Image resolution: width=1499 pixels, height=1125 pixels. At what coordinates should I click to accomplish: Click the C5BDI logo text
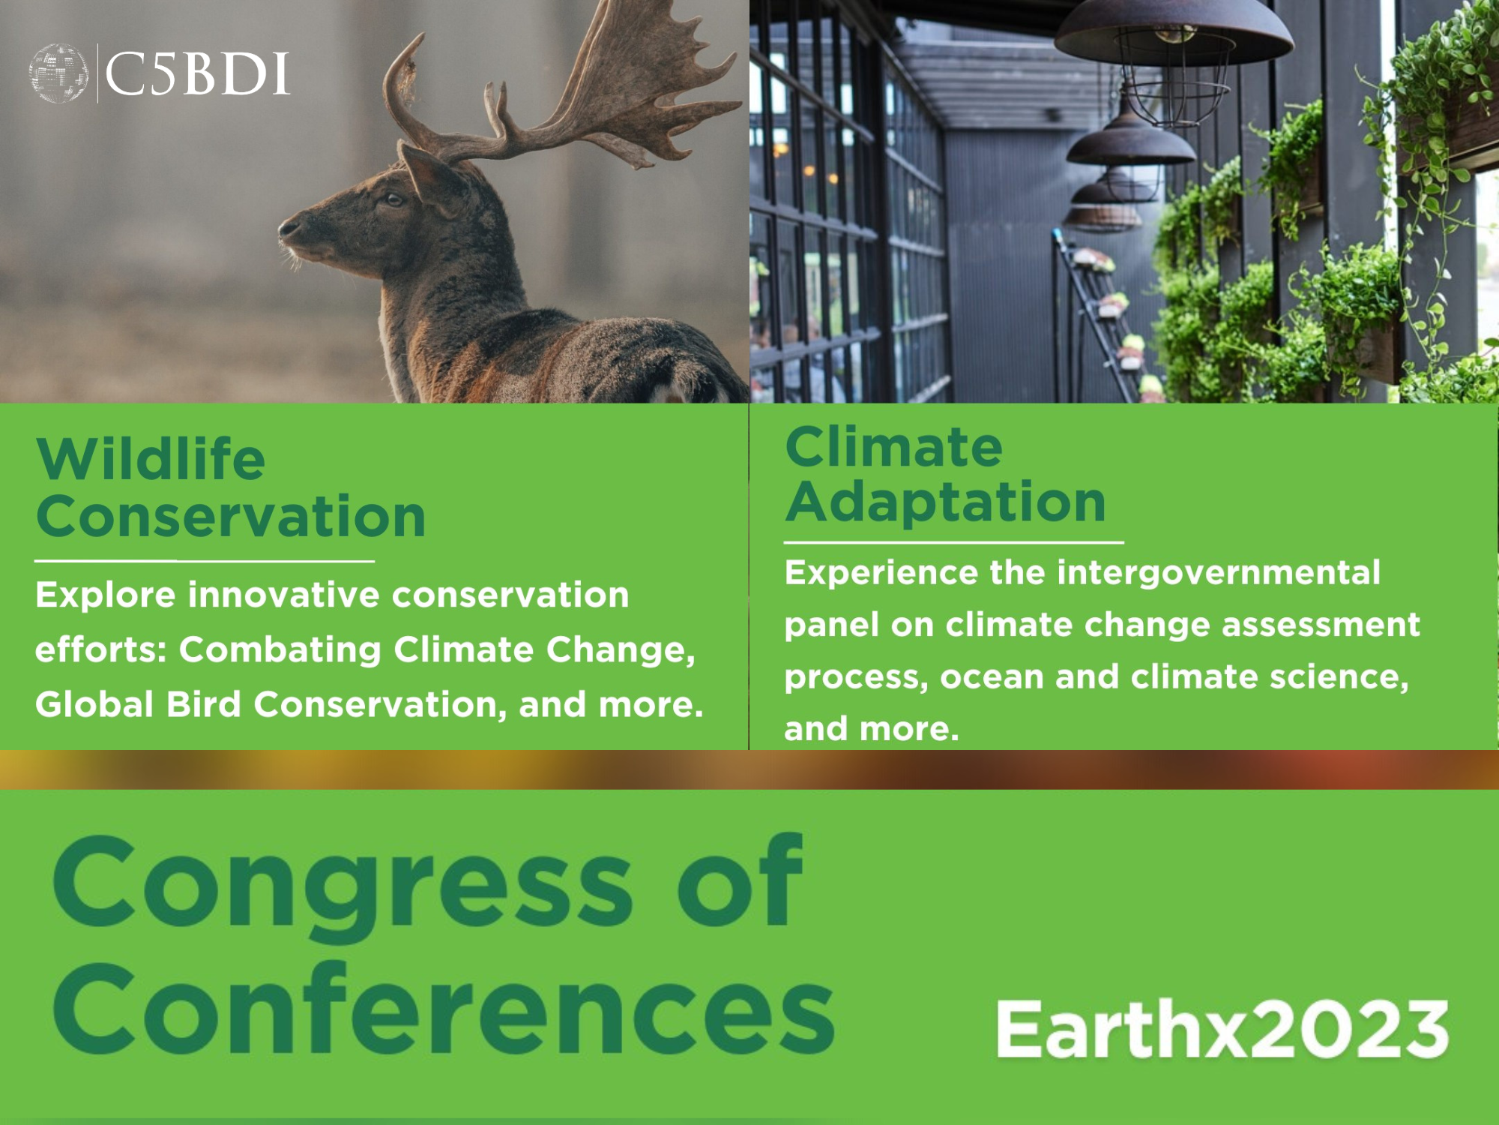coord(197,74)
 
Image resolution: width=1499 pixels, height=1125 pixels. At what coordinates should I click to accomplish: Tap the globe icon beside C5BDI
coord(58,73)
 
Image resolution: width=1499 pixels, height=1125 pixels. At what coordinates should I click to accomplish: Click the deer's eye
coord(393,199)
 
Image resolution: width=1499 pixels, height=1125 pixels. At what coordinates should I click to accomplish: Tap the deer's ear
coord(431,177)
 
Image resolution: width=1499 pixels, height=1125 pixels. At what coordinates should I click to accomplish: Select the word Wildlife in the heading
coord(151,458)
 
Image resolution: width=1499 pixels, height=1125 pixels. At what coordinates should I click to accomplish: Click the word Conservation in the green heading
coord(231,517)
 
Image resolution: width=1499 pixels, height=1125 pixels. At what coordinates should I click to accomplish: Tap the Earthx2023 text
coord(1222,1029)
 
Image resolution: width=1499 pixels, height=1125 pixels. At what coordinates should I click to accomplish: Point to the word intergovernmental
coord(1219,573)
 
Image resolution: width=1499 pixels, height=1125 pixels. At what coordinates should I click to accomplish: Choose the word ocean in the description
coord(991,677)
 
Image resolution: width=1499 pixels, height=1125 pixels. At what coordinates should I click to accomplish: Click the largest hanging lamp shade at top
coord(1174,34)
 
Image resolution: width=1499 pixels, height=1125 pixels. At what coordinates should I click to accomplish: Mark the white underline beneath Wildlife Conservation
coord(205,560)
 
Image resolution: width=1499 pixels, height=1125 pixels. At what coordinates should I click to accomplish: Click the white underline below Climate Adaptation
coord(954,541)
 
